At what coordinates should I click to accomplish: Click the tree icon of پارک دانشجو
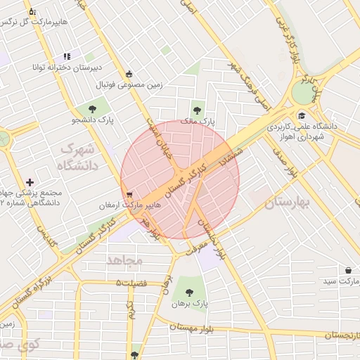pos(92,108)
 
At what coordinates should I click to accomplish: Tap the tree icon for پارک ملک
pos(197,110)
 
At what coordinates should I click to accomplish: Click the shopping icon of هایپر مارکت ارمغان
pos(127,195)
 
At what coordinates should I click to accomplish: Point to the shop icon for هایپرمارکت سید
pos(348,270)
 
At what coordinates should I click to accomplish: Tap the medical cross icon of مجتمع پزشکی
pos(29,182)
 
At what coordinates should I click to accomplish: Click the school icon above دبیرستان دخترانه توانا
pos(67,56)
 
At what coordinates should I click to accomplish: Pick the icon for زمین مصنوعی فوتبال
pos(129,74)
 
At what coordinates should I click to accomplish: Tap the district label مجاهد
pos(124,259)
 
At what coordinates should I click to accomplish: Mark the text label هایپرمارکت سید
pos(335,281)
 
